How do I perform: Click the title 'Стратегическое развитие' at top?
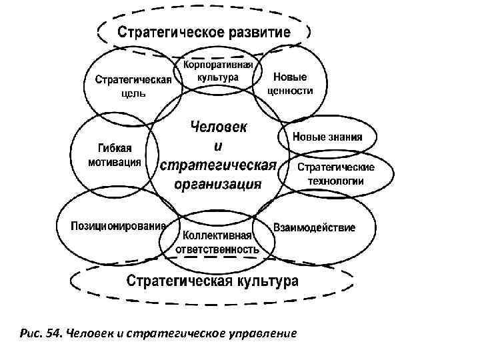[x=204, y=32]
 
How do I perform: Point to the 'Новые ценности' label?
[x=290, y=85]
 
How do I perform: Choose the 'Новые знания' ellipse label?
[x=327, y=138]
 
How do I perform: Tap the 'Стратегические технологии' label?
[x=335, y=174]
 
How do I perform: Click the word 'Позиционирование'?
[x=119, y=225]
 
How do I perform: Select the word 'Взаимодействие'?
[x=314, y=227]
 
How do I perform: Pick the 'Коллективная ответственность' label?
[x=217, y=243]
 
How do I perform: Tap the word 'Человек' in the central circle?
[x=218, y=126]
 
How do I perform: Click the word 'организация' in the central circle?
[x=217, y=185]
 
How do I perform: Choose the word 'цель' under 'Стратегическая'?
[x=133, y=94]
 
